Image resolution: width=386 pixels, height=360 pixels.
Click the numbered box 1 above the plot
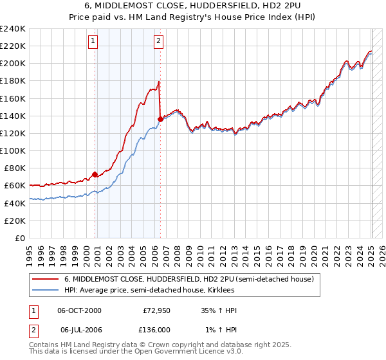(x=94, y=42)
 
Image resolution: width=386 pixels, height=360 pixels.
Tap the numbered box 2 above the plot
(x=158, y=42)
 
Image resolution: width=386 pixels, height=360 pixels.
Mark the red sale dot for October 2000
(x=95, y=174)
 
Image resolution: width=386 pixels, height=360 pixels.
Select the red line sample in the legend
(x=46, y=279)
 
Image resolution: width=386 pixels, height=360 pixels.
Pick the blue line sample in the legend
(x=46, y=290)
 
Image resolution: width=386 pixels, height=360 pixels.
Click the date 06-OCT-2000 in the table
(x=80, y=310)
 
